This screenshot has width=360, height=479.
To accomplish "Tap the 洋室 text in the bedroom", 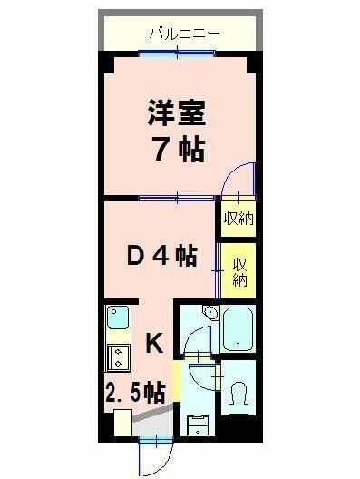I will [x=178, y=115].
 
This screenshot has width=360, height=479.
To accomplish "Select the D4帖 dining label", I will [x=161, y=257].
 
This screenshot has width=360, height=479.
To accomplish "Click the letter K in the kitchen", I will [x=154, y=343].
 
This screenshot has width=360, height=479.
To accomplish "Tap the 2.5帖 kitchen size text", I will [x=134, y=393].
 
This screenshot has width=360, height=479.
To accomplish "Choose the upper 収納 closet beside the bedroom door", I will [x=238, y=219].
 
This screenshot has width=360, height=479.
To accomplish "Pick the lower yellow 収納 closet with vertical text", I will [x=239, y=270].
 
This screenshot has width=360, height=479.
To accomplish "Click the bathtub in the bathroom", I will [x=238, y=328].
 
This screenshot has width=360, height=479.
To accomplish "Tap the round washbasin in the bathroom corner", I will [x=209, y=314].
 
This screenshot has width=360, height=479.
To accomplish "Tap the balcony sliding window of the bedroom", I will [x=178, y=54].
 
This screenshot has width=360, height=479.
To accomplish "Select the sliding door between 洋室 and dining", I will [x=178, y=197].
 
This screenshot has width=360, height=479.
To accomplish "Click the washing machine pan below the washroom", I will [x=198, y=423].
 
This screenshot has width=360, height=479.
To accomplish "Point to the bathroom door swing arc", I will [x=197, y=341].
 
